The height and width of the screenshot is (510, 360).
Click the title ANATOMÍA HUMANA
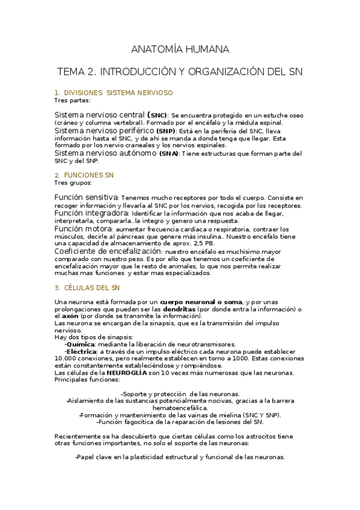(180, 49)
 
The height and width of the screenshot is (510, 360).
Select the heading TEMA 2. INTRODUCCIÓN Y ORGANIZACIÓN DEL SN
(180, 72)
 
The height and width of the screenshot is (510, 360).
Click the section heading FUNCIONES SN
(88, 175)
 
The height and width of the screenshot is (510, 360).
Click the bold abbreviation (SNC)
(157, 114)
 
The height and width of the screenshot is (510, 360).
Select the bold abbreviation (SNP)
(165, 131)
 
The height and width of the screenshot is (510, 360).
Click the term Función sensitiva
(86, 197)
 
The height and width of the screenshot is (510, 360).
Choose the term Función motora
(83, 229)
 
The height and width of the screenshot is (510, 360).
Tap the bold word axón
(70, 316)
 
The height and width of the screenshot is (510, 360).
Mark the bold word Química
(81, 344)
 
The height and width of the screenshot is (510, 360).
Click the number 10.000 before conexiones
(67, 358)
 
